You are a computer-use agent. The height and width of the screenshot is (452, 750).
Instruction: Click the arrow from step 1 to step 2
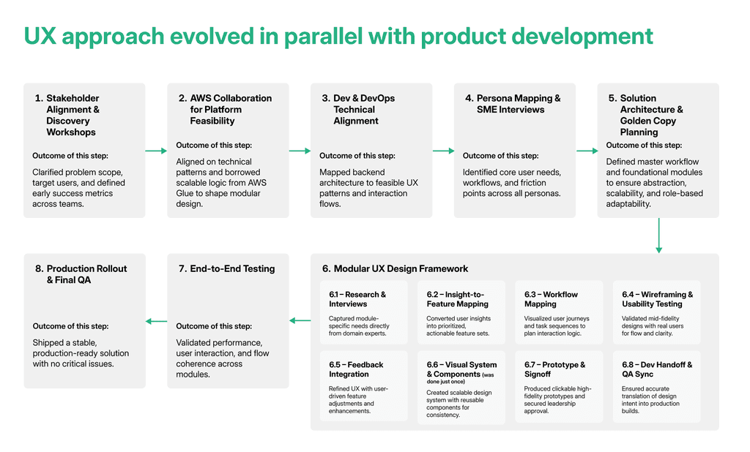point(156,151)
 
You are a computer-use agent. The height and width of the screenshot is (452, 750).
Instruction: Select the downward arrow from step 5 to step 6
point(658,236)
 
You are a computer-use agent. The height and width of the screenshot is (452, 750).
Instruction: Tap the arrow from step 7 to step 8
point(157,321)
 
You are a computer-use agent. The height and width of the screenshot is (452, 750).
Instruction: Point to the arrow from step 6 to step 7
point(300,320)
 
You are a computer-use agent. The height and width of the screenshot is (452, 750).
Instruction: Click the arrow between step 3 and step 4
point(443,151)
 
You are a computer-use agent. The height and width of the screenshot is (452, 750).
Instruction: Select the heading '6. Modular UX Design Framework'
point(395,268)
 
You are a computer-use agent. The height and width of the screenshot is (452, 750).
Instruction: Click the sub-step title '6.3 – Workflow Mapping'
point(551,299)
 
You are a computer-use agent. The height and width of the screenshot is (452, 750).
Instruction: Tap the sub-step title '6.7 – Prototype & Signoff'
point(555,369)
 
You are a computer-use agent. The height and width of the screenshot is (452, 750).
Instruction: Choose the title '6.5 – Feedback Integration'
point(356,369)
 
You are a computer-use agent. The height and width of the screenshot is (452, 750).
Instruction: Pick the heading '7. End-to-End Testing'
point(227,268)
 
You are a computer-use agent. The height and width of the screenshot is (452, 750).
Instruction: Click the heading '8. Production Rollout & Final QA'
point(81,274)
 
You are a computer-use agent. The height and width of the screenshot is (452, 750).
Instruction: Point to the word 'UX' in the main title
point(40,37)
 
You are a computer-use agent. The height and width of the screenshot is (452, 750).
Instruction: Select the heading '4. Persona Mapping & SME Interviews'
point(513,104)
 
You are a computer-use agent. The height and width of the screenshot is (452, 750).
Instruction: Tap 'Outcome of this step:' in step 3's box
point(357,156)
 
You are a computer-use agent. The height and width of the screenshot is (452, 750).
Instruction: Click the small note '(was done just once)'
point(460,378)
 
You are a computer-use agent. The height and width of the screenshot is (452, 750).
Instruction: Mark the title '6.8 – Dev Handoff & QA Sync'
point(657,369)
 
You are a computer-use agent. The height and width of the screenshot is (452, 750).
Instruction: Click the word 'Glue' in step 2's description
point(186,194)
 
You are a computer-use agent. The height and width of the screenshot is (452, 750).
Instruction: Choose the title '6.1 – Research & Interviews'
point(357,299)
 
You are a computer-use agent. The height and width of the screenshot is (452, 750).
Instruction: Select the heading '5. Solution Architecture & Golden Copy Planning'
point(646,115)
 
